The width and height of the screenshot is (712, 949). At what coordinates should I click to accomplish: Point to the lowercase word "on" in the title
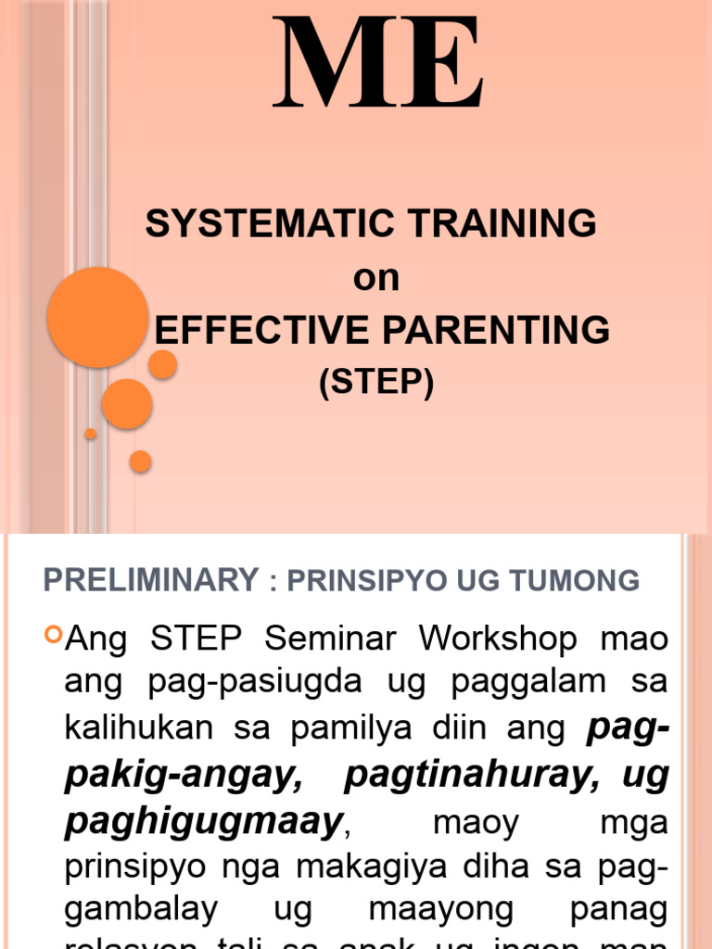(x=375, y=277)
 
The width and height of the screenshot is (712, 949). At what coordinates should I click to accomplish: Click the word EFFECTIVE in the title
(x=244, y=330)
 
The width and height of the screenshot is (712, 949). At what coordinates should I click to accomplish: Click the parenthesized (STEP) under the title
(x=376, y=383)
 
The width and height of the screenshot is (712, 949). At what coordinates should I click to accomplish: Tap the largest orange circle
(x=97, y=317)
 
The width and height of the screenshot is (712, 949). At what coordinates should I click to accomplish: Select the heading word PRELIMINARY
(x=151, y=580)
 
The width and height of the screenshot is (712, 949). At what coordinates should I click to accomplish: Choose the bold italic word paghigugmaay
(x=203, y=821)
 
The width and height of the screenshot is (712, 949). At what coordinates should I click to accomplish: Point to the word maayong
(x=440, y=912)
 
